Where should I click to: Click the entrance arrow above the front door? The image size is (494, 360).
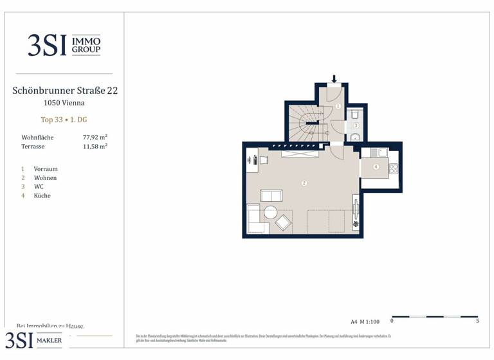click(x=334, y=79)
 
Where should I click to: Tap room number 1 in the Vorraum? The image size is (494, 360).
click(x=338, y=105)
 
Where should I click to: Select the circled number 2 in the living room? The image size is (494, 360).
click(x=304, y=183)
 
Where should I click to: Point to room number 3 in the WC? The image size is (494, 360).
click(x=355, y=126)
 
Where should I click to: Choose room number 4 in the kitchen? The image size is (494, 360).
click(x=376, y=166)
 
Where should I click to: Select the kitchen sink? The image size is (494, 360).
click(x=382, y=152)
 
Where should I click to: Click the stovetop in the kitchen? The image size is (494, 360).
click(x=394, y=168)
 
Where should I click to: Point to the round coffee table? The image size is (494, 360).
click(x=270, y=212)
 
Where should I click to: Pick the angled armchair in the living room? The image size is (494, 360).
click(x=283, y=223)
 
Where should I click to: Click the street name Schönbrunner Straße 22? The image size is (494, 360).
click(x=64, y=91)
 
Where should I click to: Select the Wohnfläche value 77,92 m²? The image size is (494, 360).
click(x=95, y=138)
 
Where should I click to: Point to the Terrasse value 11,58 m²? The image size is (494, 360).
click(x=95, y=147)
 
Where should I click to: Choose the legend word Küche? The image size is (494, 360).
click(x=42, y=195)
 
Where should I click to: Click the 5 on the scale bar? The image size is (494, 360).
click(x=477, y=321)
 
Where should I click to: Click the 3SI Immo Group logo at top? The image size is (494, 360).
click(x=64, y=45)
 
